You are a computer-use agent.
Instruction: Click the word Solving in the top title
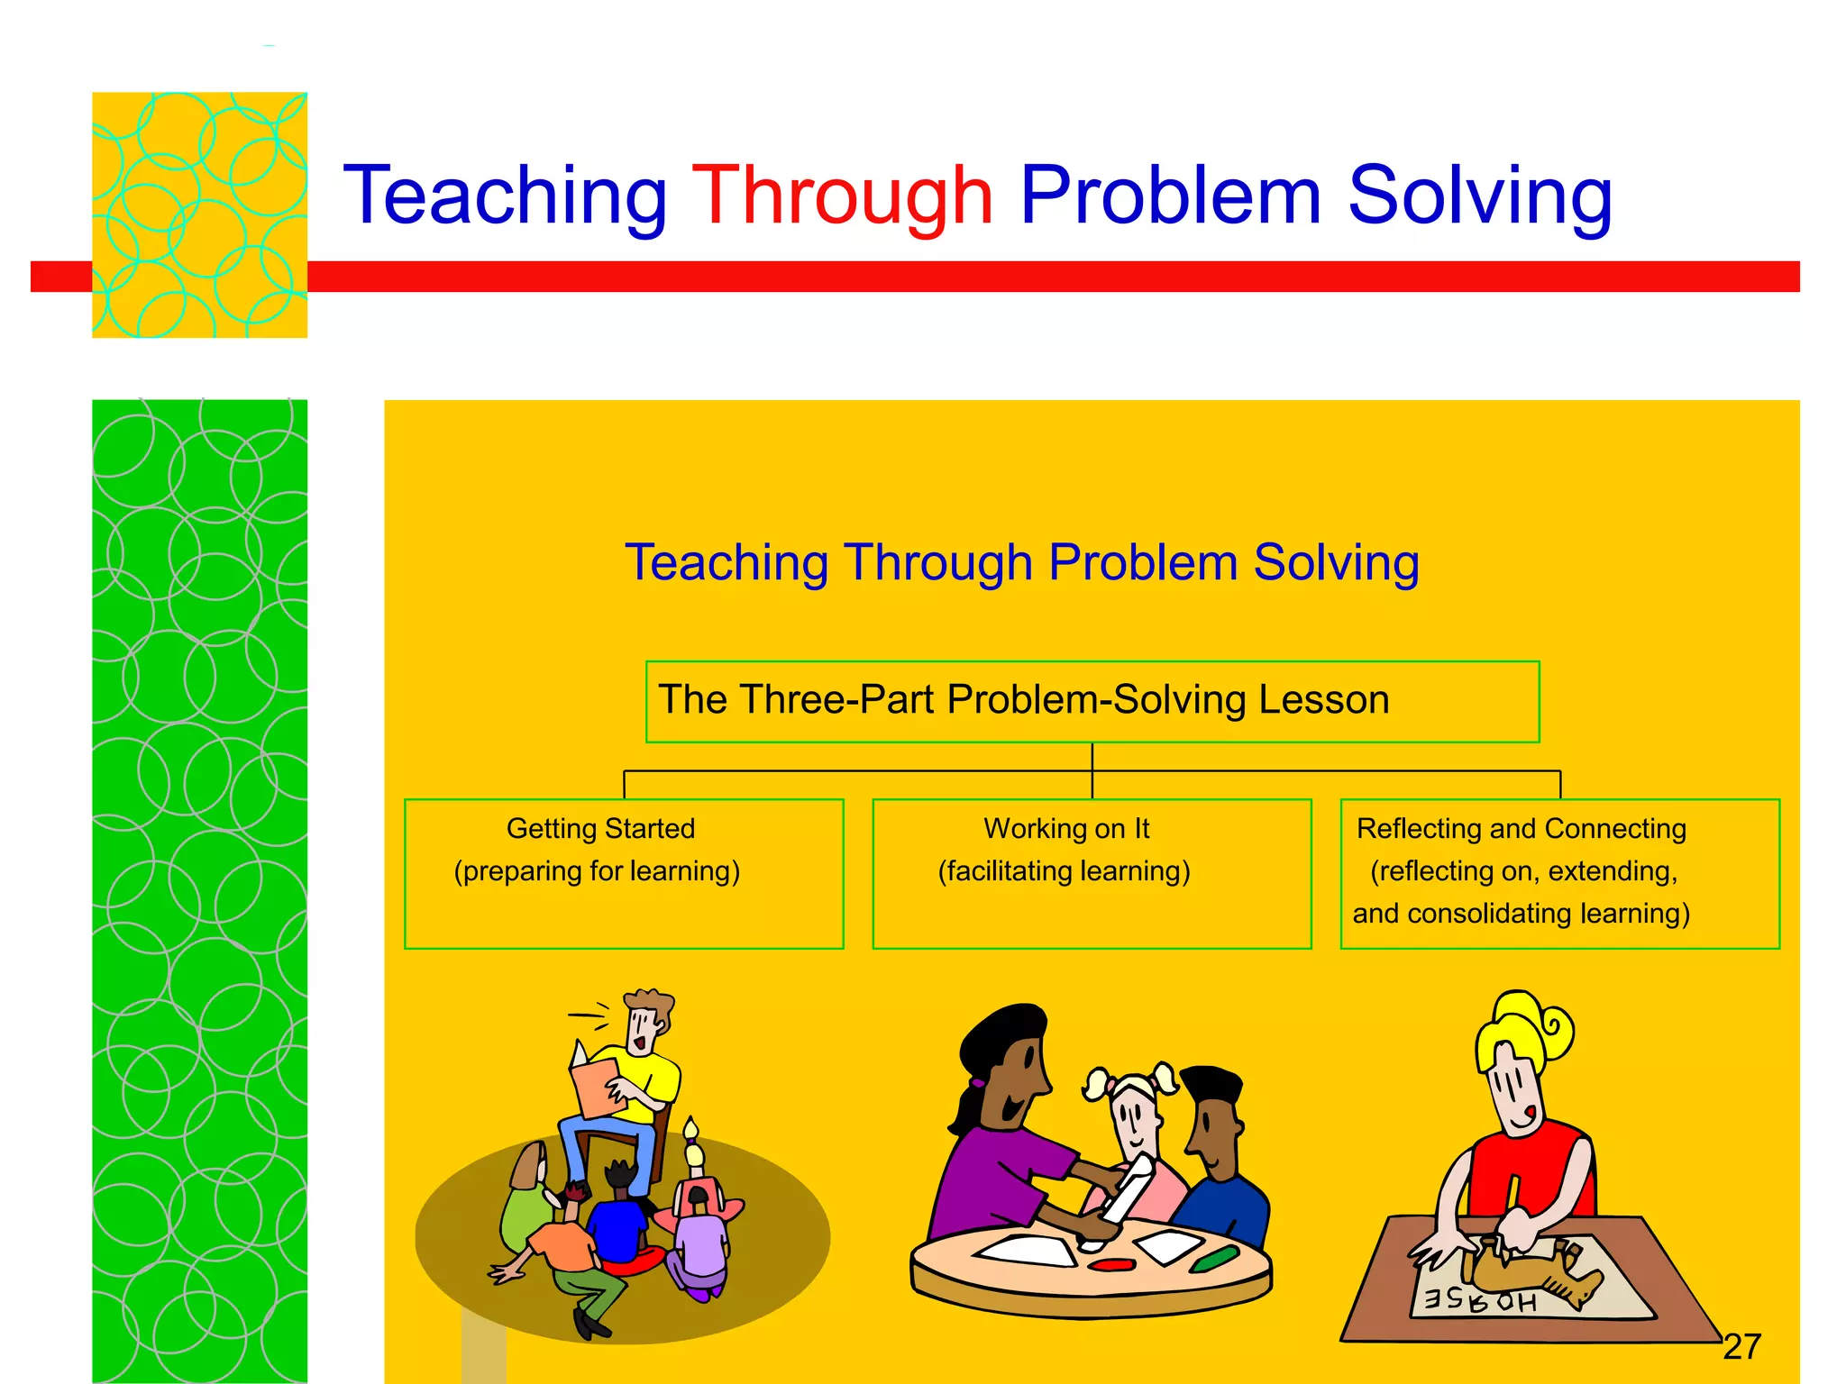(x=1479, y=196)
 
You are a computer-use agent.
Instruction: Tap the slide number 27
(x=1741, y=1346)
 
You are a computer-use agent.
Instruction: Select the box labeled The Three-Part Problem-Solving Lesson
(x=1092, y=702)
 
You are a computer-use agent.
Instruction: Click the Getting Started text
(x=600, y=828)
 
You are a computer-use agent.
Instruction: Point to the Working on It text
(x=1066, y=828)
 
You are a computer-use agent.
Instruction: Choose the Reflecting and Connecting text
(x=1522, y=828)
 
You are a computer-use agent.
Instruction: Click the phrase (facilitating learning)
(x=1064, y=871)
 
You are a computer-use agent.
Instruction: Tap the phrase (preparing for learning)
(x=597, y=871)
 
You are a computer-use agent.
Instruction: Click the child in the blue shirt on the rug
(x=617, y=1225)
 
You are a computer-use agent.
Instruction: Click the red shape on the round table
(x=1112, y=1264)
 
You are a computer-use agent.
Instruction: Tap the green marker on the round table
(x=1213, y=1258)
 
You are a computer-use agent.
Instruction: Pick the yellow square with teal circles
(x=199, y=214)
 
